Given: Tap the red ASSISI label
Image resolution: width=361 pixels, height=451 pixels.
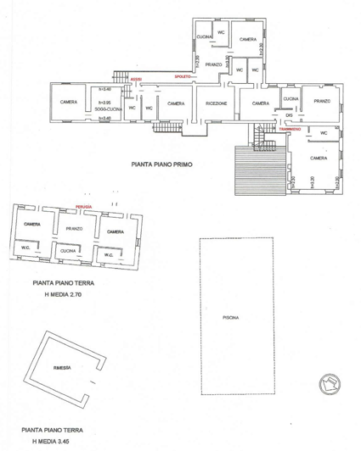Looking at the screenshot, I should tap(136, 80).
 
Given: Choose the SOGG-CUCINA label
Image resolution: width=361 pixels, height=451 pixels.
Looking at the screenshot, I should tap(110, 109).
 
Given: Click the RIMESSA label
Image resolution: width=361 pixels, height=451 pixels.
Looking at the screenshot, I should tap(61, 368).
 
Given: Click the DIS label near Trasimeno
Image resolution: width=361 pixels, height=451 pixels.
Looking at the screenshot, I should tap(289, 117).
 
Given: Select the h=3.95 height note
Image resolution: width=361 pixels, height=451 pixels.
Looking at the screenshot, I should tap(105, 100).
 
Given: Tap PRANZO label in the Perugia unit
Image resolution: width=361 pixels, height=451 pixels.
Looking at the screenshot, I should tap(73, 229).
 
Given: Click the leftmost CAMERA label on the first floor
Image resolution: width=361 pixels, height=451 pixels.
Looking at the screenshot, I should tap(69, 103).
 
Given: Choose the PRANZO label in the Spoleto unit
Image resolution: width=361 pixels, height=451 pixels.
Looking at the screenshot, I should tap(213, 64).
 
